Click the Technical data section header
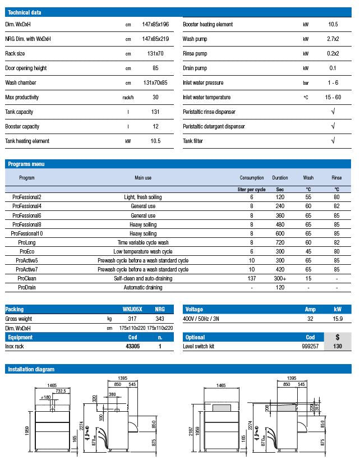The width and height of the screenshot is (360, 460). tap(24, 12)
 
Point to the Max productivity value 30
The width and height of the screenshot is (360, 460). tap(155, 98)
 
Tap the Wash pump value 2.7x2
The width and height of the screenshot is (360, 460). tap(333, 39)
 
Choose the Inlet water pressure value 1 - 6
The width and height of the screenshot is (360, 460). tap(333, 83)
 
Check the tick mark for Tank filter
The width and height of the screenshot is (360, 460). tap(333, 141)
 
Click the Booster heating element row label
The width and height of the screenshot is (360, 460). tap(207, 25)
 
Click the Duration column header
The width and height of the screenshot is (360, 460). tap(280, 178)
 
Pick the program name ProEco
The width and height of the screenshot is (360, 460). tap(27, 252)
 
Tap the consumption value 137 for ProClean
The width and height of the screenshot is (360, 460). tap(252, 279)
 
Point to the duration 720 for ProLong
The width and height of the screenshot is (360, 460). tap(280, 243)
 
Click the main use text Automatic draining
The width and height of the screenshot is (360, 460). tap(143, 288)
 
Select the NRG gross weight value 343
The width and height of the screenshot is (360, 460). tap(160, 319)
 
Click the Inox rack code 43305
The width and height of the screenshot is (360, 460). tap(133, 347)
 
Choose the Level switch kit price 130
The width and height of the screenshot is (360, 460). tap(337, 347)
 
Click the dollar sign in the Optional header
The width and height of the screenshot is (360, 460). tap(337, 337)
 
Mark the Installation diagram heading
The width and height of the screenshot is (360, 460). tap(31, 369)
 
